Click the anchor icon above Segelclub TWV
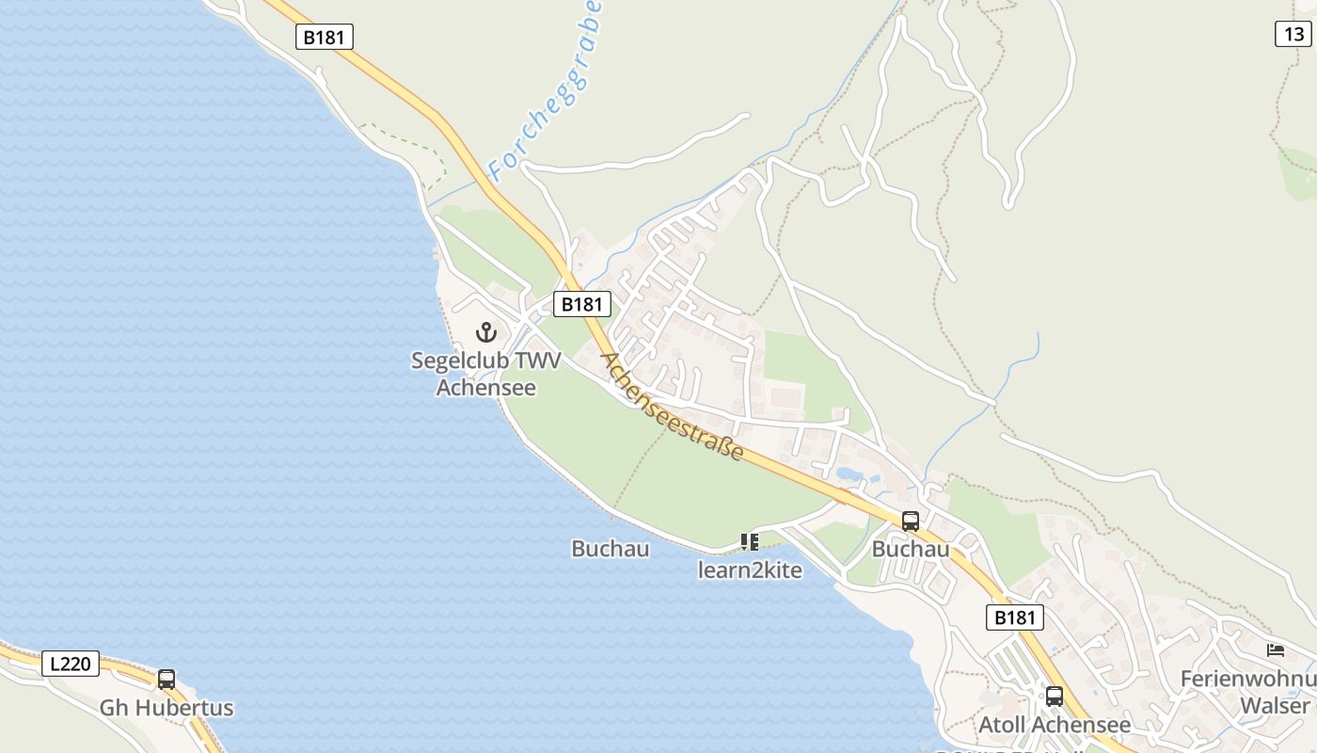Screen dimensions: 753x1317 pyautogui.click(x=486, y=331)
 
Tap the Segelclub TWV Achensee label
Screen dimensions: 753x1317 pyautogui.click(x=485, y=374)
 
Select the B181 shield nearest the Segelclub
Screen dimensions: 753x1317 pyautogui.click(x=581, y=304)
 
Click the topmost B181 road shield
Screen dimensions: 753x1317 pyautogui.click(x=325, y=37)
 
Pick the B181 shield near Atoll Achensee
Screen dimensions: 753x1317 pyautogui.click(x=1015, y=617)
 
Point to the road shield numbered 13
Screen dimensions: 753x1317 pyautogui.click(x=1293, y=34)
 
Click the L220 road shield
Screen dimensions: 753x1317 pyautogui.click(x=71, y=664)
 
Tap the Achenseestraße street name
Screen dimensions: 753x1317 pyautogui.click(x=672, y=407)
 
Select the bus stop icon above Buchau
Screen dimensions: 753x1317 pyautogui.click(x=910, y=521)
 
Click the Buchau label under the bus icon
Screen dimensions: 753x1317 pyautogui.click(x=910, y=549)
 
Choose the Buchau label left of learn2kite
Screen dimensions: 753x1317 pyautogui.click(x=610, y=549)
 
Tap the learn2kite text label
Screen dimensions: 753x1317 pyautogui.click(x=750, y=569)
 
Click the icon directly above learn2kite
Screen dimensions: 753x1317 pyautogui.click(x=750, y=541)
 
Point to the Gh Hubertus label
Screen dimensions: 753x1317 pyautogui.click(x=167, y=708)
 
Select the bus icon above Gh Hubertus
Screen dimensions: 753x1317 pyautogui.click(x=167, y=679)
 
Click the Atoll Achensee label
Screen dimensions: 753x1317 pyautogui.click(x=1055, y=725)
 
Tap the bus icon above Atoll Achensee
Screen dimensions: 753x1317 pyautogui.click(x=1055, y=697)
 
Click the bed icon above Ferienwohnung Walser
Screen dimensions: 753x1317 pyautogui.click(x=1276, y=649)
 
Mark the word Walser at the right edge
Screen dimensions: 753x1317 pyautogui.click(x=1275, y=706)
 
